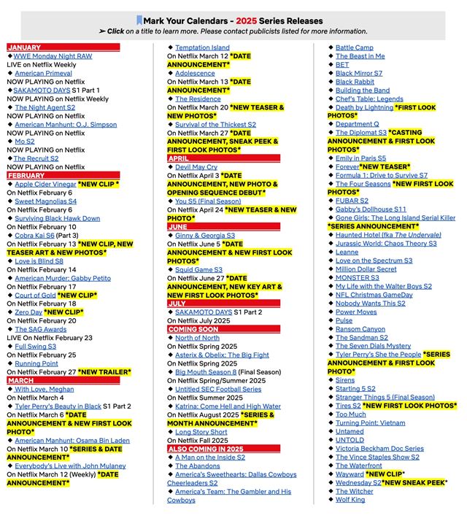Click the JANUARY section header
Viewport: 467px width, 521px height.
pyautogui.click(x=25, y=47)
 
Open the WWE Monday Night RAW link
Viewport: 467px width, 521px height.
pyautogui.click(x=53, y=56)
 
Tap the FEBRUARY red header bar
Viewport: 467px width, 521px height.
pyautogui.click(x=27, y=175)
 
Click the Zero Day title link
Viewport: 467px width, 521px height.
pyautogui.click(x=28, y=312)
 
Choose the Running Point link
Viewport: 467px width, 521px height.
pyautogui.click(x=36, y=363)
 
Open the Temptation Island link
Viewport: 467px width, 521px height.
pyautogui.click(x=202, y=48)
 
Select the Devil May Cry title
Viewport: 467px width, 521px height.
pyautogui.click(x=196, y=167)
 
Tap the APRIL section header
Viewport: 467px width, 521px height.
pyautogui.click(x=179, y=158)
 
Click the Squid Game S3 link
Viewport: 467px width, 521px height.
pyautogui.click(x=198, y=269)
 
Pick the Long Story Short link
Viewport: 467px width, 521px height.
pyautogui.click(x=201, y=432)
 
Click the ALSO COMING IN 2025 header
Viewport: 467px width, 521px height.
pyautogui.click(x=205, y=449)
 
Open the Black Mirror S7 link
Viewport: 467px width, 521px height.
pyautogui.click(x=358, y=74)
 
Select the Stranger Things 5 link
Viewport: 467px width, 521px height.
pyautogui.click(x=385, y=398)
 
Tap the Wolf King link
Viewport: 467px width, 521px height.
pyautogui.click(x=350, y=500)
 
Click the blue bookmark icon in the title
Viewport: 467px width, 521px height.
pyautogui.click(x=139, y=20)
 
